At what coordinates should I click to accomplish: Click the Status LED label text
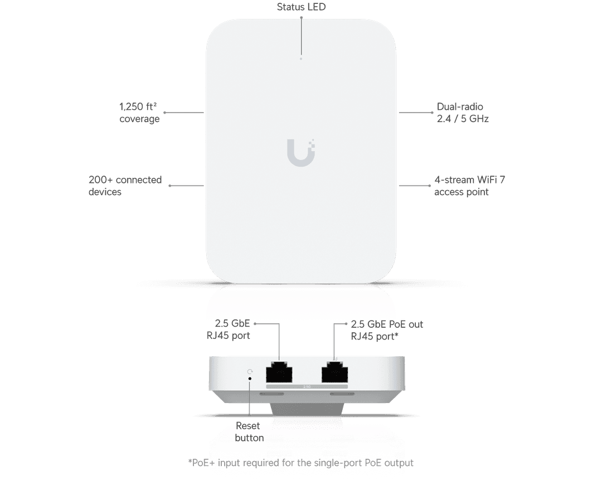click(301, 7)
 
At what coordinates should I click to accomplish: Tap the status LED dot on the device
click(301, 59)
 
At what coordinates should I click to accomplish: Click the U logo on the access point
click(301, 152)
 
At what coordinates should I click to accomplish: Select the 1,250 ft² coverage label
click(139, 113)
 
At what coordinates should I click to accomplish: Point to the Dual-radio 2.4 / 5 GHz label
click(463, 113)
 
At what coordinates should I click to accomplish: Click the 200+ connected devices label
click(125, 186)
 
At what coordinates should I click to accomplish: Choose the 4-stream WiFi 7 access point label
click(469, 186)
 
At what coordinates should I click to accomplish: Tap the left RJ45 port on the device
click(279, 372)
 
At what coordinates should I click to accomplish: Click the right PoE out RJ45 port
click(335, 372)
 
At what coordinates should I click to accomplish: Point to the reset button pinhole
click(250, 379)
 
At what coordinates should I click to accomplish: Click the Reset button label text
click(249, 431)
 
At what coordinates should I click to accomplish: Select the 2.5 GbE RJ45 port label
click(229, 329)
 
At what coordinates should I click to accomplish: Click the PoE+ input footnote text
click(300, 463)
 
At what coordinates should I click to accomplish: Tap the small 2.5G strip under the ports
click(307, 386)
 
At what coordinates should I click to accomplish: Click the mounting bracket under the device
click(307, 409)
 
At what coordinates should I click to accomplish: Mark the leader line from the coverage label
click(184, 113)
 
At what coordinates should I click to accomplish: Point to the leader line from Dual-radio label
click(416, 113)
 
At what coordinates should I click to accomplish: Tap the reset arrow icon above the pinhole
click(250, 372)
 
